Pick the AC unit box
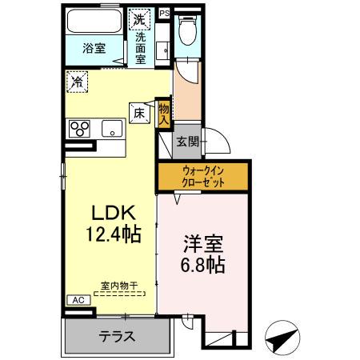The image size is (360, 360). click(78, 300)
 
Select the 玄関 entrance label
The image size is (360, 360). click(187, 142)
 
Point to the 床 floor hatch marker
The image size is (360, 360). click(138, 113)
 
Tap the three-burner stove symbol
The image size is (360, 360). click(81, 128)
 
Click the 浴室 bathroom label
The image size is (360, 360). click(94, 48)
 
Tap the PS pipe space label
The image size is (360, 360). click(164, 13)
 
